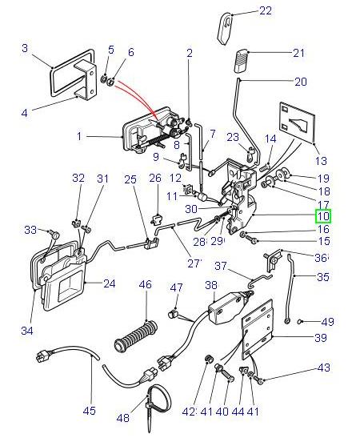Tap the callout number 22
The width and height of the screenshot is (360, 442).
265,11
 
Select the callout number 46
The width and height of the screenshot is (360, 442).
145,284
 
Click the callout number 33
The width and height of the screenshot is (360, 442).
30,230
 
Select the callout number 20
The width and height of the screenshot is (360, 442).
300,82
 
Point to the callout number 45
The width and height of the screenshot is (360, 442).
89,411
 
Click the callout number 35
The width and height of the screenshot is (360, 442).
322,277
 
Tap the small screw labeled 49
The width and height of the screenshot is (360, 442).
300,322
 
